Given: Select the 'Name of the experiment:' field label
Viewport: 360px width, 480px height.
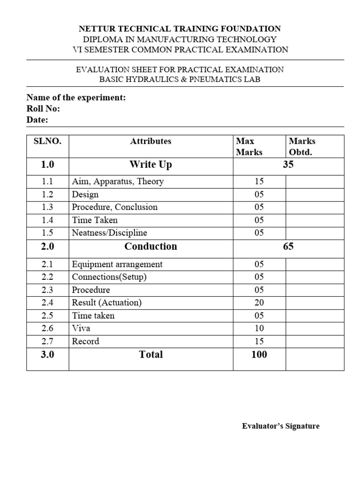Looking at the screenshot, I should pyautogui.click(x=76, y=98).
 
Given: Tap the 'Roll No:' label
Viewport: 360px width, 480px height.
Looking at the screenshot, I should pyautogui.click(x=43, y=109).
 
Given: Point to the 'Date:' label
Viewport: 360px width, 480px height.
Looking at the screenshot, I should pyautogui.click(x=37, y=120).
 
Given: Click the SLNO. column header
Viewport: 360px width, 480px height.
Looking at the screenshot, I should pyautogui.click(x=47, y=141).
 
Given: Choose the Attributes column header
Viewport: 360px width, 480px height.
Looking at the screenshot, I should pyautogui.click(x=151, y=141).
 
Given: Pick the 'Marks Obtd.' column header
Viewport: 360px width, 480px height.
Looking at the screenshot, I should pyautogui.click(x=302, y=146).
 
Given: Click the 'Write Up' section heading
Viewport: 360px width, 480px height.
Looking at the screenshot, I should pyautogui.click(x=151, y=165).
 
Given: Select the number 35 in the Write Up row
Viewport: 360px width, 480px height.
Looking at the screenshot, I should pyautogui.click(x=288, y=165).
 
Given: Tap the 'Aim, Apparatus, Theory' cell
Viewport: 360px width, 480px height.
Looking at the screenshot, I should pyautogui.click(x=118, y=181).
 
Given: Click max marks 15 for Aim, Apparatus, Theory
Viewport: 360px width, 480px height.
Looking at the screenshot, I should pyautogui.click(x=259, y=181).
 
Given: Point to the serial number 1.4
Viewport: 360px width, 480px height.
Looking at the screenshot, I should pyautogui.click(x=47, y=220).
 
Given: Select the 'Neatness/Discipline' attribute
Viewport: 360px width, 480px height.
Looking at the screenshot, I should pyautogui.click(x=109, y=232).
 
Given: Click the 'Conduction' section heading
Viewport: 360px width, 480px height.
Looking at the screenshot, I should pyautogui.click(x=151, y=247).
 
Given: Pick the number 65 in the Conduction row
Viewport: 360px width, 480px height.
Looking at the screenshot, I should pyautogui.click(x=288, y=247).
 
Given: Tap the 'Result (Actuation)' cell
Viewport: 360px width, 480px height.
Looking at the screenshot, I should pyautogui.click(x=106, y=303).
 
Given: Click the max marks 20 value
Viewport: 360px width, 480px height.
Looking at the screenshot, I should pyautogui.click(x=259, y=303).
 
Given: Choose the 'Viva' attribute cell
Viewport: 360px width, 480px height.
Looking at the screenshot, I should pyautogui.click(x=81, y=328).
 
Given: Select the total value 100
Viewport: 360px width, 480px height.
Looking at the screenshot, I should pyautogui.click(x=259, y=354).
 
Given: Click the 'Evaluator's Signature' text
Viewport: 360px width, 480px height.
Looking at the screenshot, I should pyautogui.click(x=281, y=426).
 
